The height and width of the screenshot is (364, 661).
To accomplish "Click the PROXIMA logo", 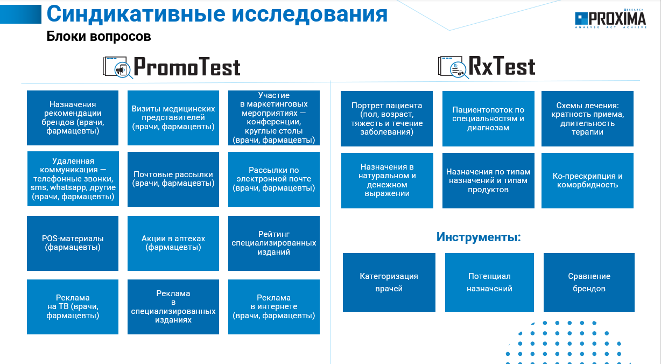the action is point(610,18).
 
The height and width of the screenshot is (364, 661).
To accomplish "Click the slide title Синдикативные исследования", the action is point(217,14).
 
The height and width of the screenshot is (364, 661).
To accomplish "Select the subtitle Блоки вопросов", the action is point(99,37).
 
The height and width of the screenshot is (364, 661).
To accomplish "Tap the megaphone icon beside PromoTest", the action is point(118,67).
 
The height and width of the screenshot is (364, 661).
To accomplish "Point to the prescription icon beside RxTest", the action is point(453,67).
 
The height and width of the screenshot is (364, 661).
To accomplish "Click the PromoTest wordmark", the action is point(187,67).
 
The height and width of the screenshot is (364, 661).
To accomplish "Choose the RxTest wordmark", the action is point(502,66).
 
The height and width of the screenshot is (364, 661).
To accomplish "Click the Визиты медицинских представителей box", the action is point(173,118).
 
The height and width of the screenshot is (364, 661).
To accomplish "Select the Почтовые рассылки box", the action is point(173,179).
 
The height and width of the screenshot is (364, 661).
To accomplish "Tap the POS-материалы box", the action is point(73,243).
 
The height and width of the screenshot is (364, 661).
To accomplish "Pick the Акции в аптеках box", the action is point(173,243).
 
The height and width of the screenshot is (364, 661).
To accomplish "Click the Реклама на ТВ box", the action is point(73,307).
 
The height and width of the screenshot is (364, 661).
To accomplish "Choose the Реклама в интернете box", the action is point(274,307).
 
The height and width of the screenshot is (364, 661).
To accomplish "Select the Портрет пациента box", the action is point(386,118).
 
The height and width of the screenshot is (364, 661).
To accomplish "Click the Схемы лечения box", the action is point(587,118).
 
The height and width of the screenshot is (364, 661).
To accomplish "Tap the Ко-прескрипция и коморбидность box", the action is point(587,181).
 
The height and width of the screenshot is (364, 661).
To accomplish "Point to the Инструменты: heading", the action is point(479,237).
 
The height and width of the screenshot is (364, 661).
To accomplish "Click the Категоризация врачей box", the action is point(389,282).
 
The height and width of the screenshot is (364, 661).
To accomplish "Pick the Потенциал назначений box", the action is point(489,282).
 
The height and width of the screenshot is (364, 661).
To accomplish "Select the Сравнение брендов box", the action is point(589,282).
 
